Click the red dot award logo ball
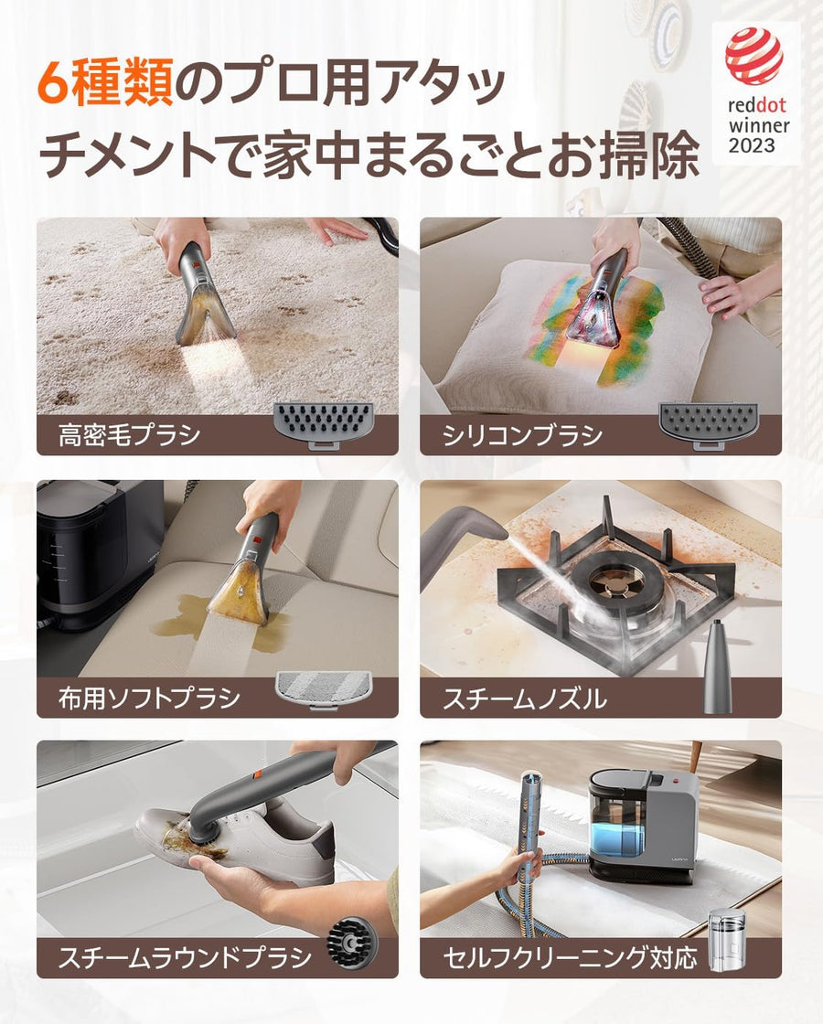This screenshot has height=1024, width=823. (x=754, y=57)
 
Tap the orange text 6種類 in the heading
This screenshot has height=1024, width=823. (x=104, y=86)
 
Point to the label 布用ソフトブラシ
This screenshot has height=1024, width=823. (x=149, y=699)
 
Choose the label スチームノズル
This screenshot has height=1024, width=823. (x=524, y=699)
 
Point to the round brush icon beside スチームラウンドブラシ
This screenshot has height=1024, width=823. (x=348, y=944)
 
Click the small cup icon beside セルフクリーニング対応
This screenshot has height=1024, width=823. (x=728, y=933)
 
